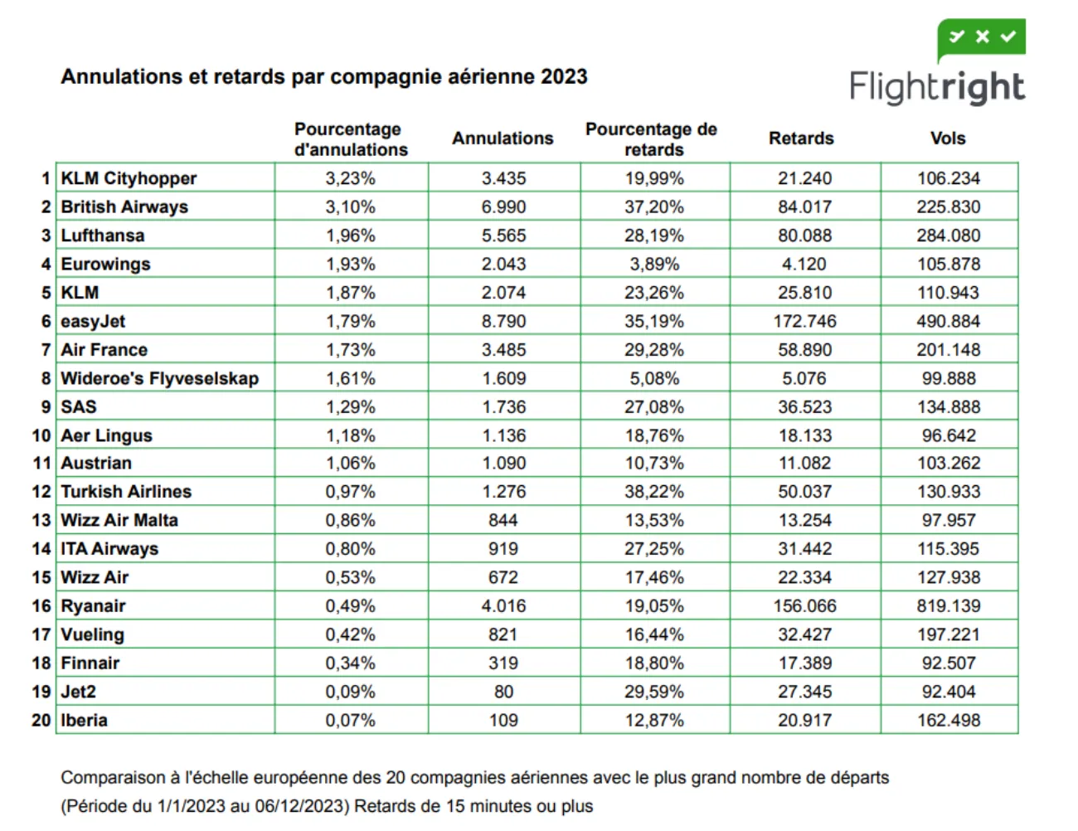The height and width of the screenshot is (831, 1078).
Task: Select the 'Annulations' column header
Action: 503,138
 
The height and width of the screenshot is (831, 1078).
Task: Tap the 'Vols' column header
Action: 948,138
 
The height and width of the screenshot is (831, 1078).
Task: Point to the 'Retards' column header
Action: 801,138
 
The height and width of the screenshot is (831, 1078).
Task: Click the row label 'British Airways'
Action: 124,207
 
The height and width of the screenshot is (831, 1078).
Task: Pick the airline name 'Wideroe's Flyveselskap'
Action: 159,378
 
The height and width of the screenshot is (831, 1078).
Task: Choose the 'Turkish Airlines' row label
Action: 126,492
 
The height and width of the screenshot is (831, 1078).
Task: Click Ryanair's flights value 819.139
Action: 948,606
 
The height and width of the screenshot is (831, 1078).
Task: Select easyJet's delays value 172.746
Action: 804,321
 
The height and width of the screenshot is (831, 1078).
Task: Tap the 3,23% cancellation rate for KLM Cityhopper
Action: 350,178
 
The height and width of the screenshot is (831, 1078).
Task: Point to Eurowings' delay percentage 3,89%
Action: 653,264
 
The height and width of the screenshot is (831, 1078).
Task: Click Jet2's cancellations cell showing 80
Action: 503,692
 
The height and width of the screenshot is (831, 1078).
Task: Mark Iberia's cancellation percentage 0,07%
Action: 350,720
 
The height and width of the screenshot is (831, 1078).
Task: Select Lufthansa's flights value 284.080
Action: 948,236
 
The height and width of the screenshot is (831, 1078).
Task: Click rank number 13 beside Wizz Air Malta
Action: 41,520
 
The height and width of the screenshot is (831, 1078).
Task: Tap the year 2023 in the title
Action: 564,77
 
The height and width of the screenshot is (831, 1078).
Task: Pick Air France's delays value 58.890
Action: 804,350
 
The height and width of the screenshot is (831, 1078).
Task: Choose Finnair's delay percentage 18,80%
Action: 653,663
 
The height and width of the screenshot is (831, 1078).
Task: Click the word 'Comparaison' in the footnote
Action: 113,778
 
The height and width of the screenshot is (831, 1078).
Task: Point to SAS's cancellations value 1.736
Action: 503,407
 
